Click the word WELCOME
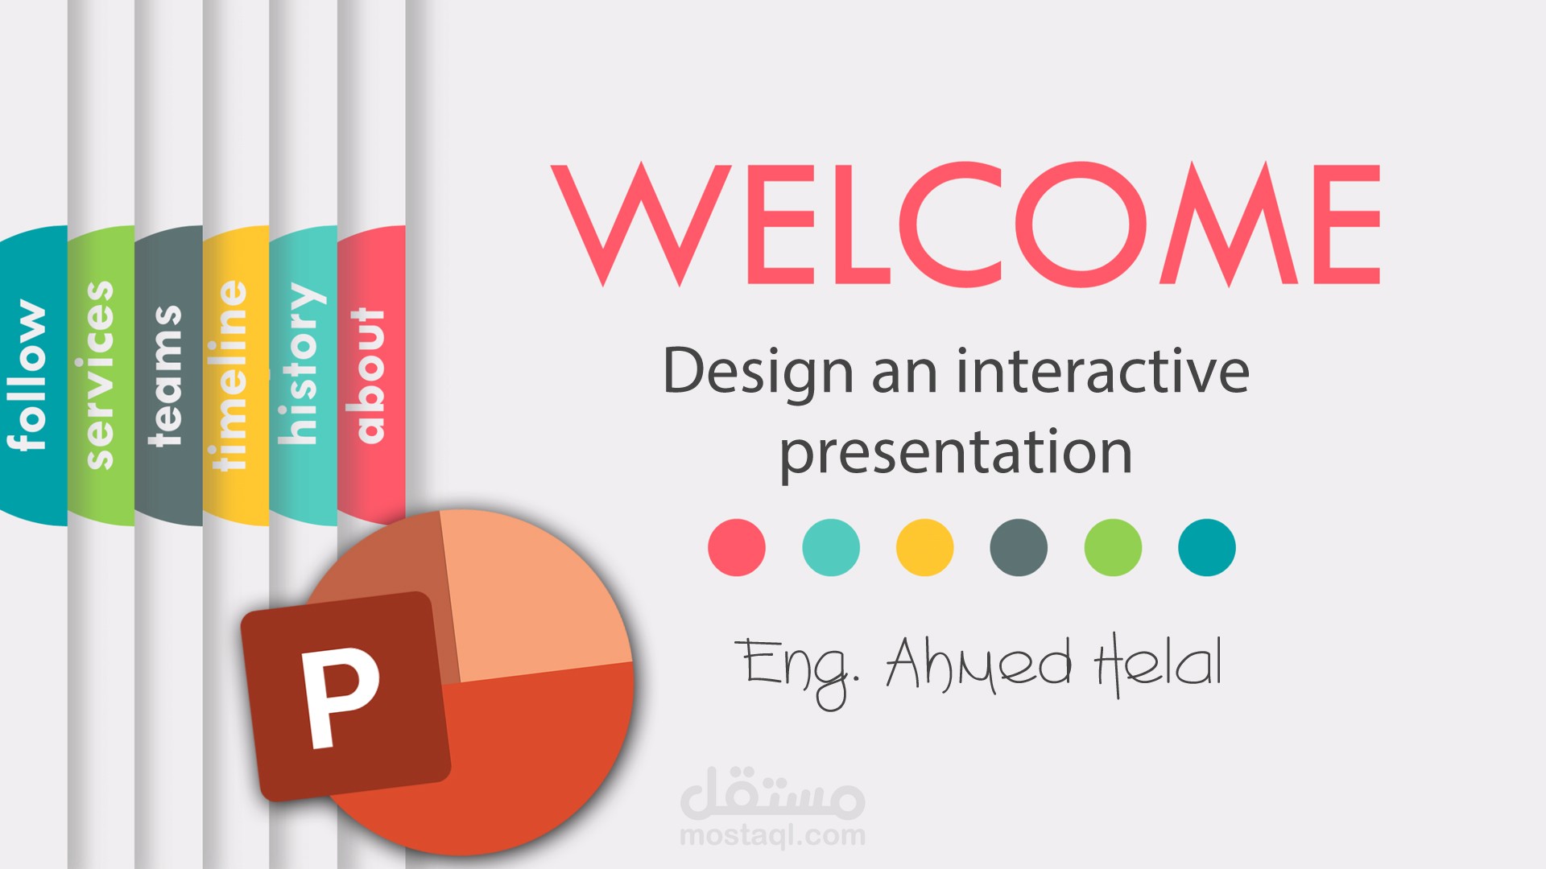tap(965, 224)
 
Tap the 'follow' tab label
tap(27, 375)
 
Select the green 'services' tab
tap(101, 375)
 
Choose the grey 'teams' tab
tap(168, 375)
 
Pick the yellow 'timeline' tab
tap(235, 375)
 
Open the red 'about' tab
tap(370, 375)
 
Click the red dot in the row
tap(737, 548)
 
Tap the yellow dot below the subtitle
tap(925, 548)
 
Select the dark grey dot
tap(1019, 548)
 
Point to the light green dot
tap(1113, 548)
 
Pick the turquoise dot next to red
tap(831, 548)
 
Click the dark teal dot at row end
tap(1207, 548)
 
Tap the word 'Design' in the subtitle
tap(758, 372)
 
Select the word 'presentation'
tap(956, 453)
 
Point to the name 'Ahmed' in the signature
tap(979, 665)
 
